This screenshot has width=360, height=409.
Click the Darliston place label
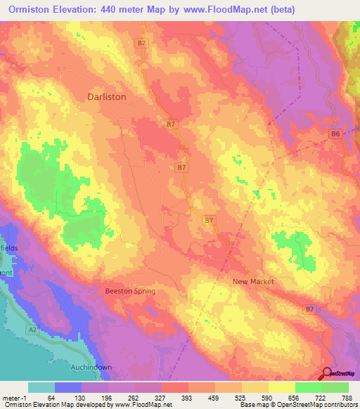(x=106, y=97)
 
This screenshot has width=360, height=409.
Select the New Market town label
(x=253, y=281)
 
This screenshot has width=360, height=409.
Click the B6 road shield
(x=335, y=134)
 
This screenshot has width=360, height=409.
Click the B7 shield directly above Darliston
(x=142, y=43)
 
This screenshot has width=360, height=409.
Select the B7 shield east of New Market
(x=309, y=309)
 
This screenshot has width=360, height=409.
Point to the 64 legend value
(x=51, y=397)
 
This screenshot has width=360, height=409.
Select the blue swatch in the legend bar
(x=68, y=387)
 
